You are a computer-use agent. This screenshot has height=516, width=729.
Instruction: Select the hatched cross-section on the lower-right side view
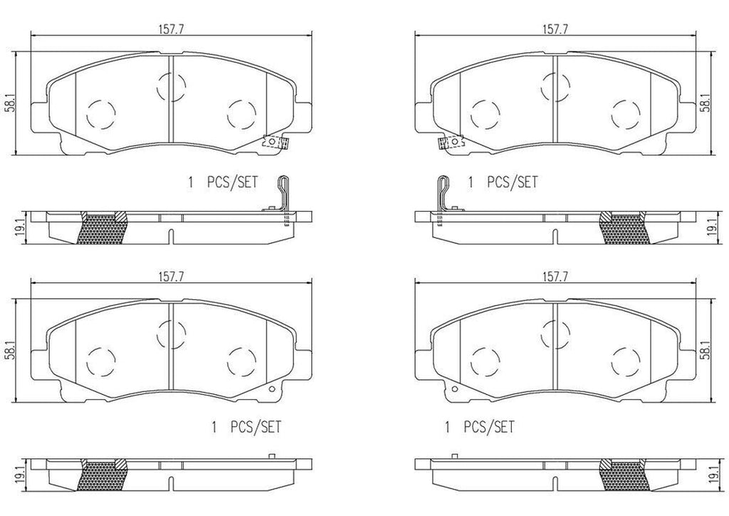tap(625, 475)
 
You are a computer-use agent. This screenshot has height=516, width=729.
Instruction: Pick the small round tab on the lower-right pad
tap(453, 388)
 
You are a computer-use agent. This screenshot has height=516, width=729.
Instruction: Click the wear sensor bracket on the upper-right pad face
tap(451, 143)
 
